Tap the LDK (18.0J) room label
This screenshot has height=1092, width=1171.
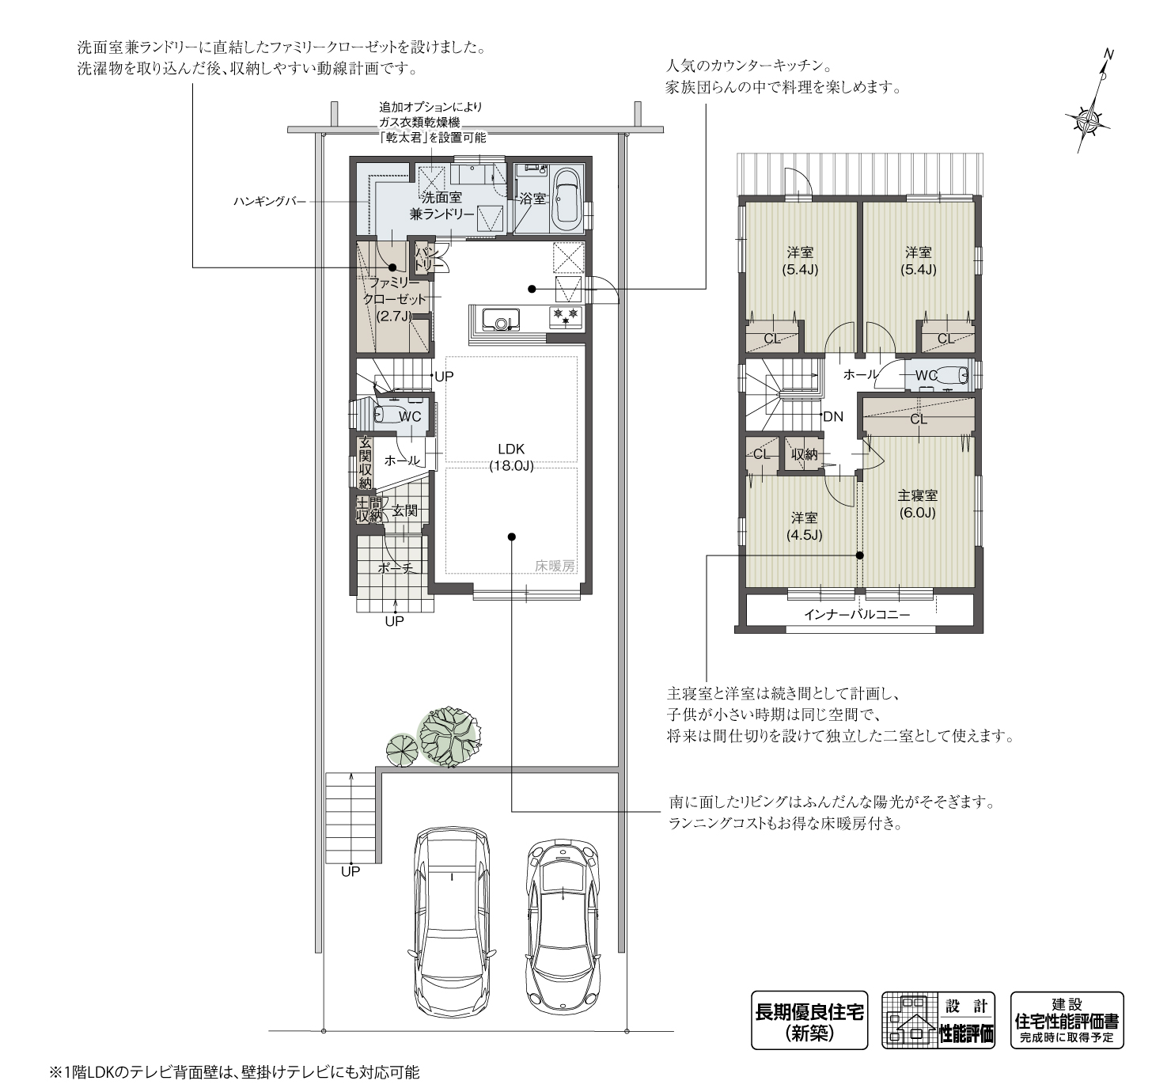click(x=511, y=457)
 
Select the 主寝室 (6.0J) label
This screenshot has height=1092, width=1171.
click(x=918, y=504)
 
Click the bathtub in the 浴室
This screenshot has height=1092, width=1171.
click(x=567, y=203)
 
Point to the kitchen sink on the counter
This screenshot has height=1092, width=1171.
click(x=502, y=319)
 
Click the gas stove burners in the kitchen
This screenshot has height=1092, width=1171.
click(x=566, y=317)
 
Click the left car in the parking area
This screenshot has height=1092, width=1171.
click(x=452, y=919)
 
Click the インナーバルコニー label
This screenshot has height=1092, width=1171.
click(x=857, y=615)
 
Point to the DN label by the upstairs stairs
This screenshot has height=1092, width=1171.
click(x=833, y=416)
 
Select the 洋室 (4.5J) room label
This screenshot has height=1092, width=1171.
click(x=804, y=526)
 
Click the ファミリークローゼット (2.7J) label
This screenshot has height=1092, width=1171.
click(x=395, y=299)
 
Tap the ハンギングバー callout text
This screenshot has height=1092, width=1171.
click(x=270, y=202)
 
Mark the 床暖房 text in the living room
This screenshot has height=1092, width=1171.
click(x=555, y=566)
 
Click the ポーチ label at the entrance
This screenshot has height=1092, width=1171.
click(x=395, y=568)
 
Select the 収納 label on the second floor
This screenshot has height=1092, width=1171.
click(x=804, y=454)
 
